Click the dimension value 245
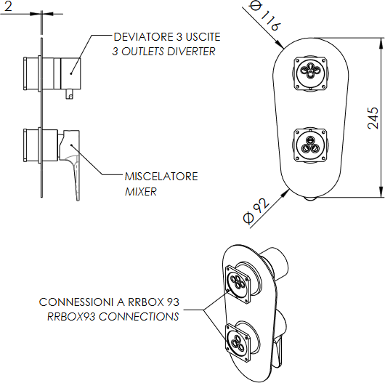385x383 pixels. tap(373, 118)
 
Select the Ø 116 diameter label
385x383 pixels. tap(264, 15)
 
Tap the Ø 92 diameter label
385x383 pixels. tap(256, 211)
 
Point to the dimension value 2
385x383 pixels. tap(8, 6)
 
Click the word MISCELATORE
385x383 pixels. tap(161, 177)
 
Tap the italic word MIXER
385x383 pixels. tap(141, 191)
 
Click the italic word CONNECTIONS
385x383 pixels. tap(139, 316)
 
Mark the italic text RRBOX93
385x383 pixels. tap(71, 316)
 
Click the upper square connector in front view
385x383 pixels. tap(310, 73)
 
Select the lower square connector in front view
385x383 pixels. tap(310, 145)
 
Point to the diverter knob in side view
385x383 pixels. tap(70, 73)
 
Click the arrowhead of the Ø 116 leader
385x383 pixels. tap(280, 44)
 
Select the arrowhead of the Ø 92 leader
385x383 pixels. tap(285, 193)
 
